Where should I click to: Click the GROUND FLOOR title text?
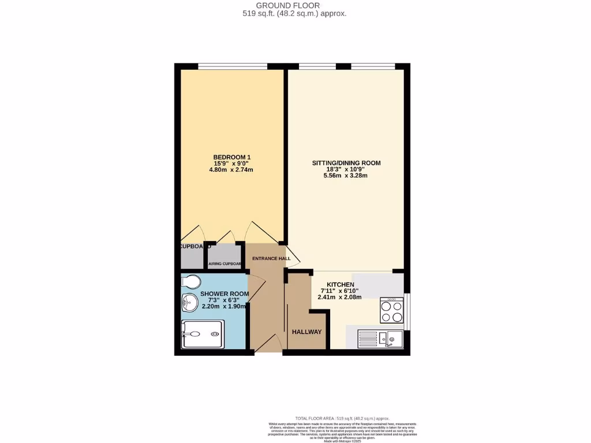click(x=295, y=6)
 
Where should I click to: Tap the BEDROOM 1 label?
click(x=232, y=157)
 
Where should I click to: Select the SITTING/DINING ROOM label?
click(x=346, y=163)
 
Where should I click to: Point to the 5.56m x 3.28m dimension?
click(x=346, y=175)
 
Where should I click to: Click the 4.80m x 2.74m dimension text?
click(x=232, y=170)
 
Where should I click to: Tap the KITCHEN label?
click(x=341, y=284)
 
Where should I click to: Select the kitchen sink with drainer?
click(x=380, y=337)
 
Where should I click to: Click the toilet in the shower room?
click(x=190, y=282)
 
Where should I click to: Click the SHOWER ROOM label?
click(x=225, y=294)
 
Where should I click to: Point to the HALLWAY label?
click(x=307, y=332)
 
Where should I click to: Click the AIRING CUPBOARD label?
click(x=225, y=264)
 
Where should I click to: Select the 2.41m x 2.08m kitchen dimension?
click(x=339, y=298)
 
